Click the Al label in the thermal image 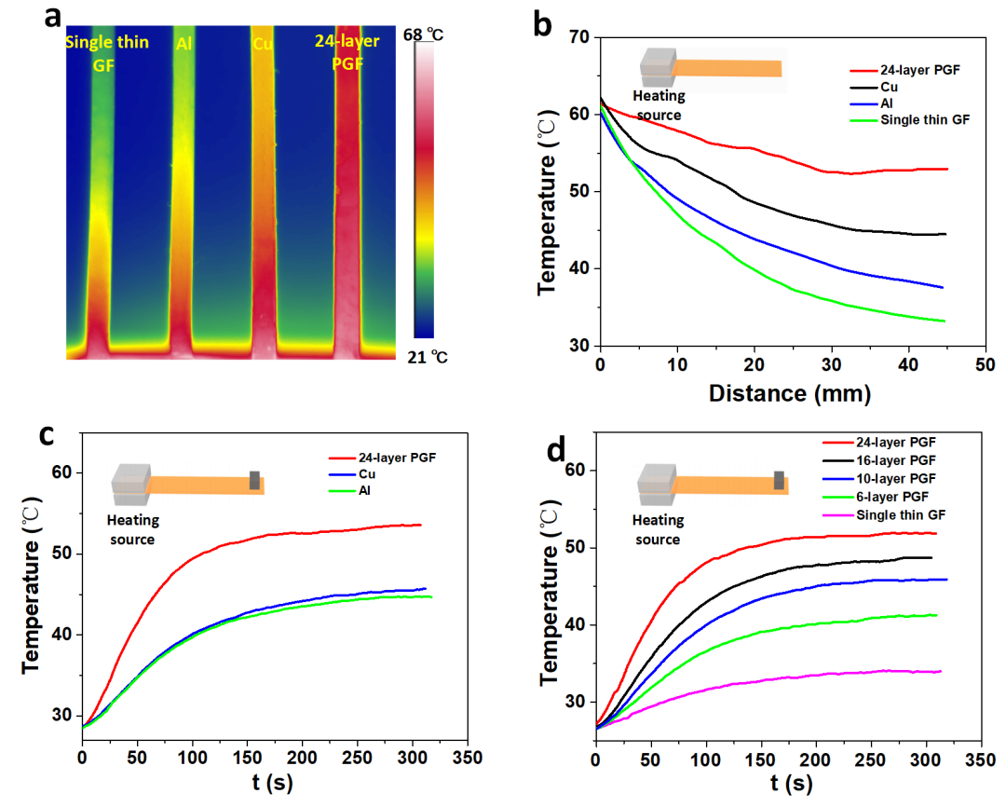184,42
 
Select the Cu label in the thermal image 263,42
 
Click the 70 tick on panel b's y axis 578,37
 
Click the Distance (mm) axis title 789,393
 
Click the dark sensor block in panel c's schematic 253,480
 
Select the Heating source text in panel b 659,105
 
